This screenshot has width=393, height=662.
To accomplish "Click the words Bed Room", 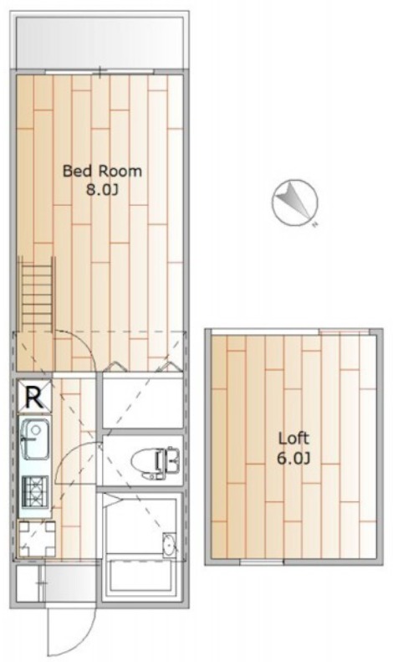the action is (102, 171).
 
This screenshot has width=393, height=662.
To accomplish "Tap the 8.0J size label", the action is (102, 190).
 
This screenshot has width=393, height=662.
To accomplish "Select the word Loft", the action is (293, 439).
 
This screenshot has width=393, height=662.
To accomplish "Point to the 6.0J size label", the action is (293, 458).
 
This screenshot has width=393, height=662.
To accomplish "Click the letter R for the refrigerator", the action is (34, 398).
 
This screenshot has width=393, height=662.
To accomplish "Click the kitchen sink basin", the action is (35, 439).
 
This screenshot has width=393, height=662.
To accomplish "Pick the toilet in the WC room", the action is (156, 463).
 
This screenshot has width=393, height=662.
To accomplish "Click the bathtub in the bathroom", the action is (140, 576).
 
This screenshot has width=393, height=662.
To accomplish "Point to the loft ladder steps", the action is (37, 295).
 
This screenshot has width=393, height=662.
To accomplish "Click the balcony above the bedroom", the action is (100, 42).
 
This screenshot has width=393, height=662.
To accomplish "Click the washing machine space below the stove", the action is (38, 539).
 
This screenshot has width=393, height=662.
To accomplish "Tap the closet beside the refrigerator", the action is (143, 404).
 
